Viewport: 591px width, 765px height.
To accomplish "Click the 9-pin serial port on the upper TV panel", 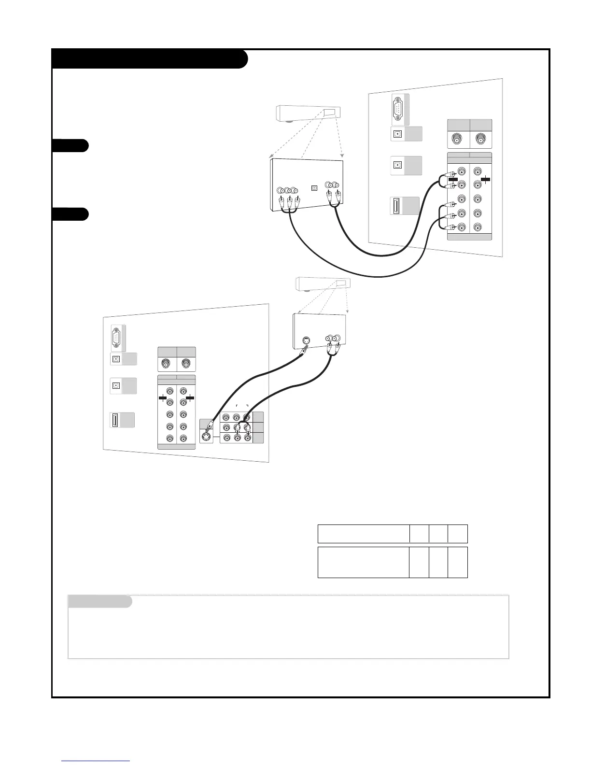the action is click(397, 108).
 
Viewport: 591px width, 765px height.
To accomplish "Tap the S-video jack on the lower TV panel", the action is click(207, 437).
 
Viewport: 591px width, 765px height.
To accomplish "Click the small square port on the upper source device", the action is click(315, 188).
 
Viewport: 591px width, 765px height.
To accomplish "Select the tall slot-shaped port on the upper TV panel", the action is click(396, 206).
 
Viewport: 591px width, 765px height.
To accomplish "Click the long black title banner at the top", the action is click(150, 59).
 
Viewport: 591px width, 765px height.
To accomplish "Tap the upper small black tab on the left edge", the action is click(70, 145).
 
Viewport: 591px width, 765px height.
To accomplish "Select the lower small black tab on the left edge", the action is click(70, 214).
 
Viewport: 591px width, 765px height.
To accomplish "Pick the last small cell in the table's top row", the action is click(458, 534).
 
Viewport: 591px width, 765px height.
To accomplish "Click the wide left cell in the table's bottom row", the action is click(363, 562).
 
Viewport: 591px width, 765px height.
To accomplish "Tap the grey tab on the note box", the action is click(99, 602).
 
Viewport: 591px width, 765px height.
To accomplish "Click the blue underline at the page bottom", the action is click(96, 761).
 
